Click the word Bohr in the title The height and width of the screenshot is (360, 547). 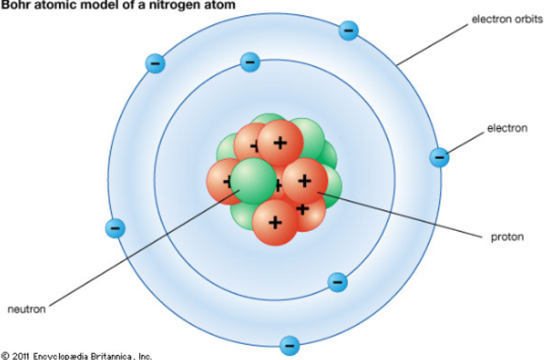(x=17, y=5)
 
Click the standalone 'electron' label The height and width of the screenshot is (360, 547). (x=507, y=128)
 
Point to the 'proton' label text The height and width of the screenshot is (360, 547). (x=505, y=236)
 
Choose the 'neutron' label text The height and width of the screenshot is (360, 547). (x=26, y=309)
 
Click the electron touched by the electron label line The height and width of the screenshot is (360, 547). (x=439, y=156)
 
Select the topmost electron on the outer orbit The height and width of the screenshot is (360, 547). (x=348, y=31)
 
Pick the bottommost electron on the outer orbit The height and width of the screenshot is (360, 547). (x=290, y=345)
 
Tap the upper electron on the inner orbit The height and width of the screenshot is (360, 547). (x=250, y=62)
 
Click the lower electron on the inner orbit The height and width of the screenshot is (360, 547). (x=338, y=281)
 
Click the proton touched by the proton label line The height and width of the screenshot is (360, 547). (x=304, y=180)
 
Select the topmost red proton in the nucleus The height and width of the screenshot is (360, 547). (x=279, y=142)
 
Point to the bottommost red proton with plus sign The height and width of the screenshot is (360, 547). (x=274, y=221)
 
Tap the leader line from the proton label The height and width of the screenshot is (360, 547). (x=402, y=215)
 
